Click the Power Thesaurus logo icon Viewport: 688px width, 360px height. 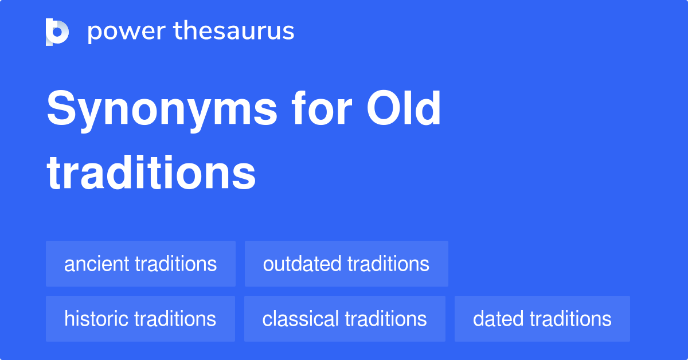[x=57, y=32]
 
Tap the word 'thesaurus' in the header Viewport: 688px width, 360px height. [x=234, y=32]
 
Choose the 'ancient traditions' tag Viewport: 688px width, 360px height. [x=140, y=264]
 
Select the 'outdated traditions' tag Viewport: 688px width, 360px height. [x=346, y=264]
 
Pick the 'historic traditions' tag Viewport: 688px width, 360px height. [x=140, y=319]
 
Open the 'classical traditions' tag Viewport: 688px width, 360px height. [x=345, y=319]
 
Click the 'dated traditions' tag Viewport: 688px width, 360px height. [x=542, y=319]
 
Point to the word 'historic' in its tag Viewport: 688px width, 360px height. [x=96, y=319]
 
